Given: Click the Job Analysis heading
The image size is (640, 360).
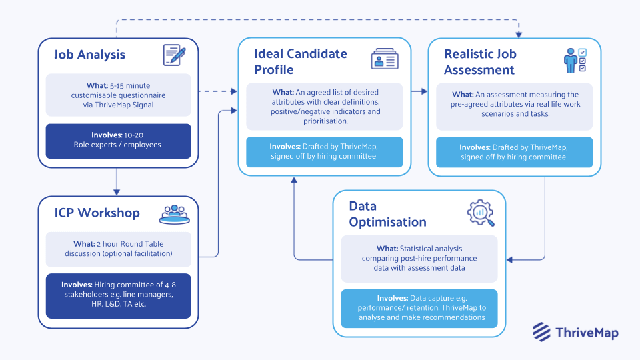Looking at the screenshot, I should click(89, 55).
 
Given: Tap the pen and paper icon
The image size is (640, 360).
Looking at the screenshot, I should click(175, 55).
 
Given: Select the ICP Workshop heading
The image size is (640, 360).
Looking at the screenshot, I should click(97, 213).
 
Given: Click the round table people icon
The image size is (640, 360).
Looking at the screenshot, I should click(175, 213).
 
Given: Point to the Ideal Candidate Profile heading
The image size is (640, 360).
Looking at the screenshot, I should click(301, 61).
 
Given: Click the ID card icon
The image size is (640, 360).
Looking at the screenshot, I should click(385, 59).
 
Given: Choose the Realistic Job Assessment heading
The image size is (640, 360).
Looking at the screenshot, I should click(480, 61).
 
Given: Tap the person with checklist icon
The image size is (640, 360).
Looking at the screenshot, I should click(575, 60).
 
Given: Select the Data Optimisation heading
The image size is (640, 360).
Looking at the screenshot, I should click(387, 214).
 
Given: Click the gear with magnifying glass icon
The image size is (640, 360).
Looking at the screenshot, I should click(480, 213).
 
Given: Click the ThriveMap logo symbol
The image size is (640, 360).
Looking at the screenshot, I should click(541, 331).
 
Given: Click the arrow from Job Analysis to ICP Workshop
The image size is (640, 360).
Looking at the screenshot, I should click(117, 181).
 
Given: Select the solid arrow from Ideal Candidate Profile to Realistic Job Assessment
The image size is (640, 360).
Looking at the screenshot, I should click(419, 91).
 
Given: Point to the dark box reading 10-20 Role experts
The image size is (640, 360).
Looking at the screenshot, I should click(118, 141).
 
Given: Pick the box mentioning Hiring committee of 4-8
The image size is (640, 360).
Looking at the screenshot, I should click(118, 295).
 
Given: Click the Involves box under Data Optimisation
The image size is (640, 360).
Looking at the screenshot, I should click(419, 308).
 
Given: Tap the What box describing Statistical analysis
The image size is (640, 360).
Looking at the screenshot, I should click(419, 259).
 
